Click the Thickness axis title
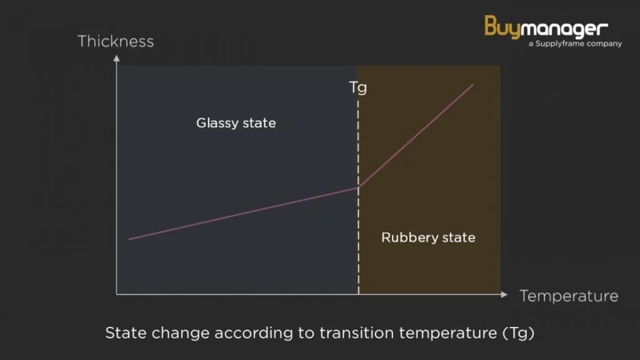[116, 41]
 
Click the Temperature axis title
[569, 296]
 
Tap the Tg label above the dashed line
[358, 87]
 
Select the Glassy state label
[236, 123]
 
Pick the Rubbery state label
[428, 237]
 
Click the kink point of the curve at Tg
[358, 187]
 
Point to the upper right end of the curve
[472, 85]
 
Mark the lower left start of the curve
[129, 239]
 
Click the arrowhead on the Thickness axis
[117, 58]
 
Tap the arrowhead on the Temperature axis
[504, 294]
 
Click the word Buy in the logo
[502, 27]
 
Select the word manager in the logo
[564, 29]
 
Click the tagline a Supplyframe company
[575, 44]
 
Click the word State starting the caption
[126, 332]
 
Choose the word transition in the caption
[356, 332]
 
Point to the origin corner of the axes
[117, 294]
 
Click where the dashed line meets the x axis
[358, 294]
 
